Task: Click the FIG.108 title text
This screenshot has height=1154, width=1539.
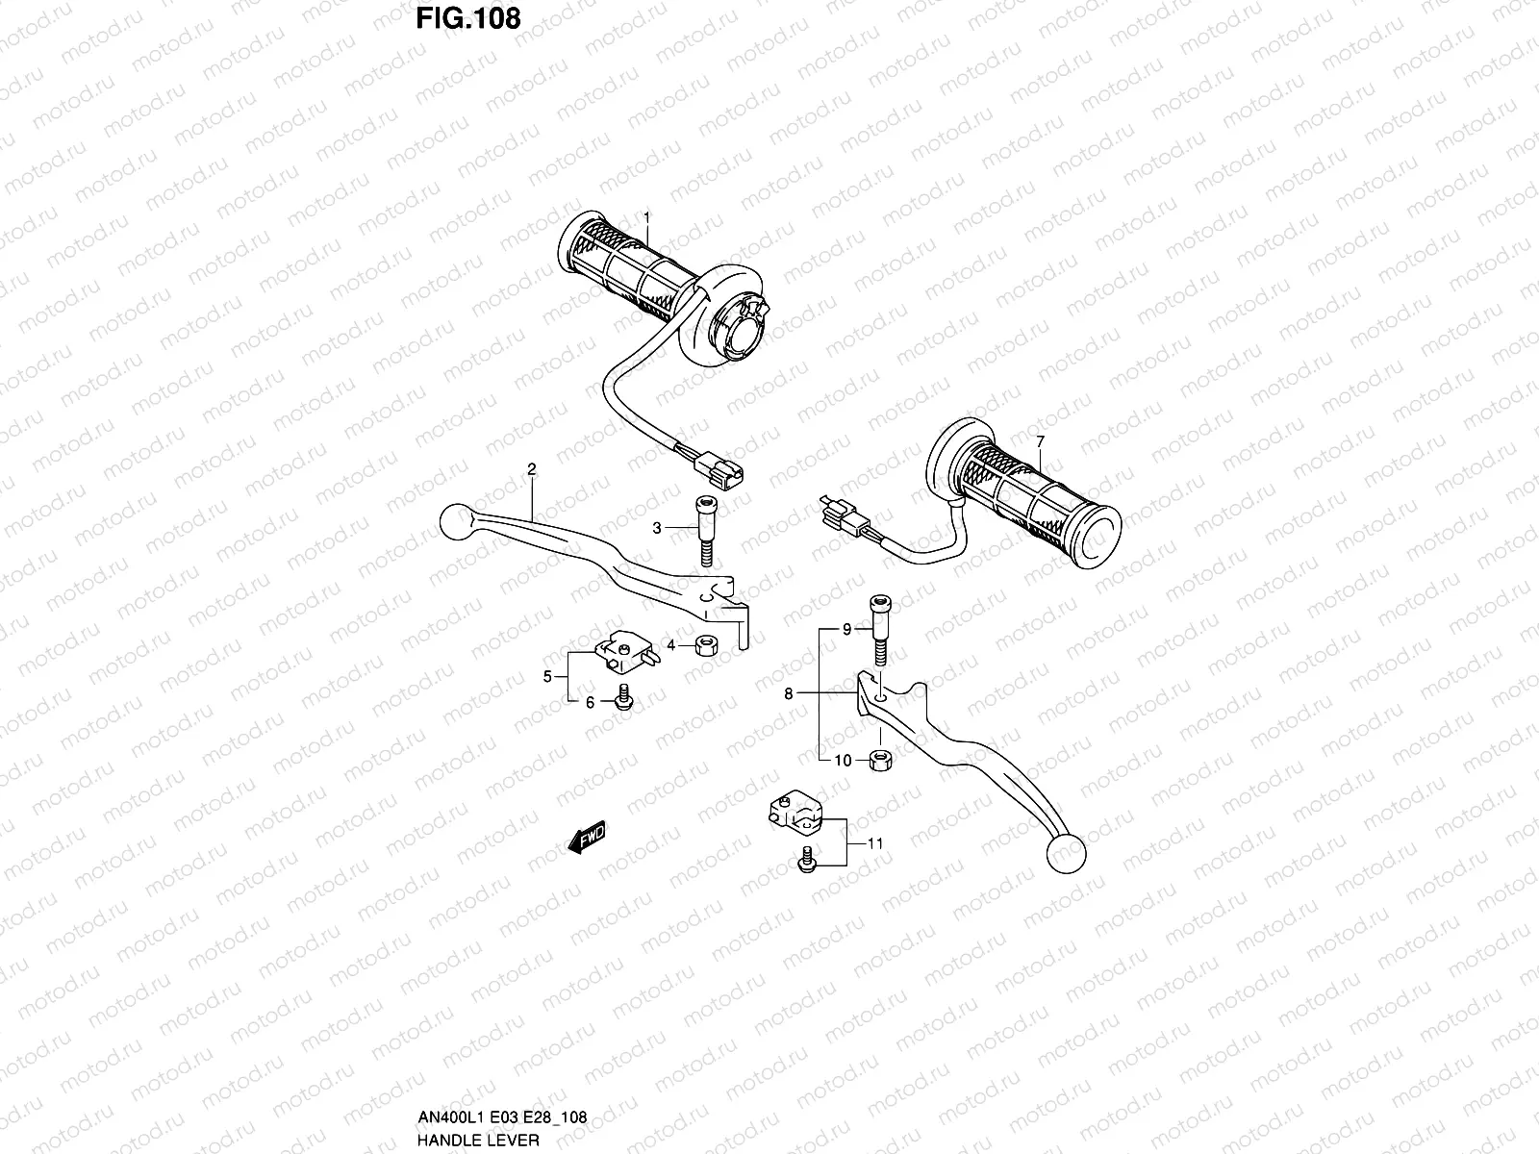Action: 468,18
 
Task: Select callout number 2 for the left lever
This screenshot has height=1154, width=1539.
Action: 531,469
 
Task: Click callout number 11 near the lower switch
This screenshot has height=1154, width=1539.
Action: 874,844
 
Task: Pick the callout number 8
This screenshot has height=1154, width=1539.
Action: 788,692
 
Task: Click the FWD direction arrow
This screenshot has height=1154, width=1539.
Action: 586,838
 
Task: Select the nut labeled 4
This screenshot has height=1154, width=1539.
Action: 703,647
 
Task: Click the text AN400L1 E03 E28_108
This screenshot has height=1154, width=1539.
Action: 503,1118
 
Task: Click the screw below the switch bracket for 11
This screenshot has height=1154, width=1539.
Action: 806,863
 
